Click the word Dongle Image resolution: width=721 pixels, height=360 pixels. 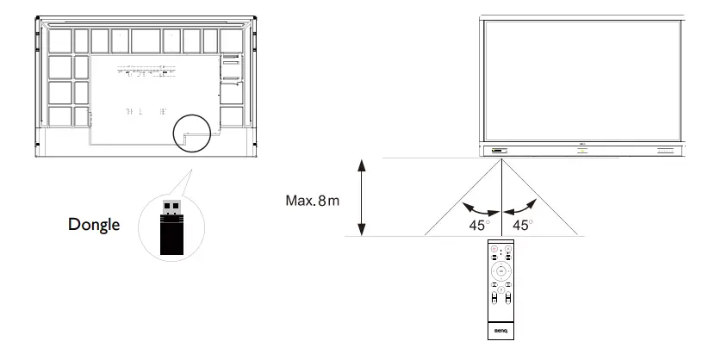[94, 225]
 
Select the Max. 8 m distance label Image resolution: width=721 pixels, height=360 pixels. [312, 201]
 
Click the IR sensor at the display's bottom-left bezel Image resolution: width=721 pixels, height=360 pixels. [499, 152]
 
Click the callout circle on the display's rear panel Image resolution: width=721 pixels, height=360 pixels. [197, 132]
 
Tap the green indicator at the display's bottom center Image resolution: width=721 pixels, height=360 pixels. [582, 152]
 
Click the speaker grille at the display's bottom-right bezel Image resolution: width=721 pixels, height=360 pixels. [669, 152]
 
